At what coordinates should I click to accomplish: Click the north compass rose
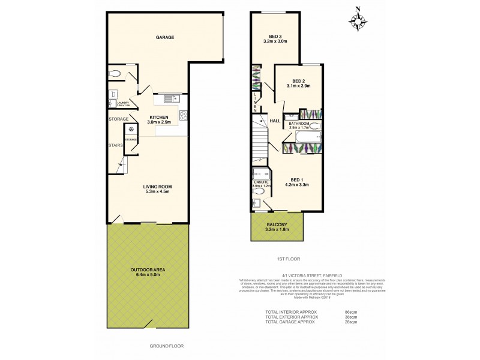pos(359,22)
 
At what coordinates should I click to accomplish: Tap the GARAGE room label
pos(165,37)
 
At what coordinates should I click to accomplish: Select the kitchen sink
pos(167,97)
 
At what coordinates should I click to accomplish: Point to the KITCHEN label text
pos(159,117)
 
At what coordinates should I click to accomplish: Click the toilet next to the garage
pos(116,74)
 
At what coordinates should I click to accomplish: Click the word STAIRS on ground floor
pos(116,145)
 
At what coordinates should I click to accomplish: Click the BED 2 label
pos(299,82)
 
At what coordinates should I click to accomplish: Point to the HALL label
pos(275,121)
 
